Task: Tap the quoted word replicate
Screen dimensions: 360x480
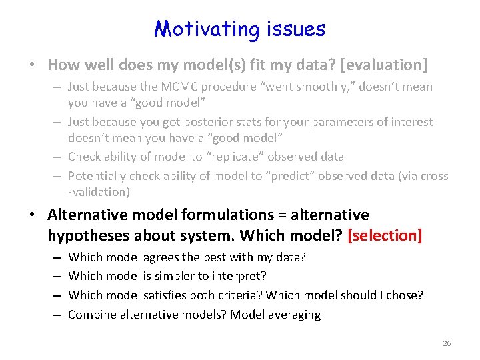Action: (246, 157)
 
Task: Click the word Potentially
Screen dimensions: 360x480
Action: (98, 176)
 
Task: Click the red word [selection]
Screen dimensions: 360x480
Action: (385, 235)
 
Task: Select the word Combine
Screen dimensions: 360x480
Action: (92, 315)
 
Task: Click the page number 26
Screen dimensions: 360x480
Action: (447, 343)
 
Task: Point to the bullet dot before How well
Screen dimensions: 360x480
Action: (33, 65)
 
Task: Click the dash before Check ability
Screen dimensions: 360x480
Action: (59, 157)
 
